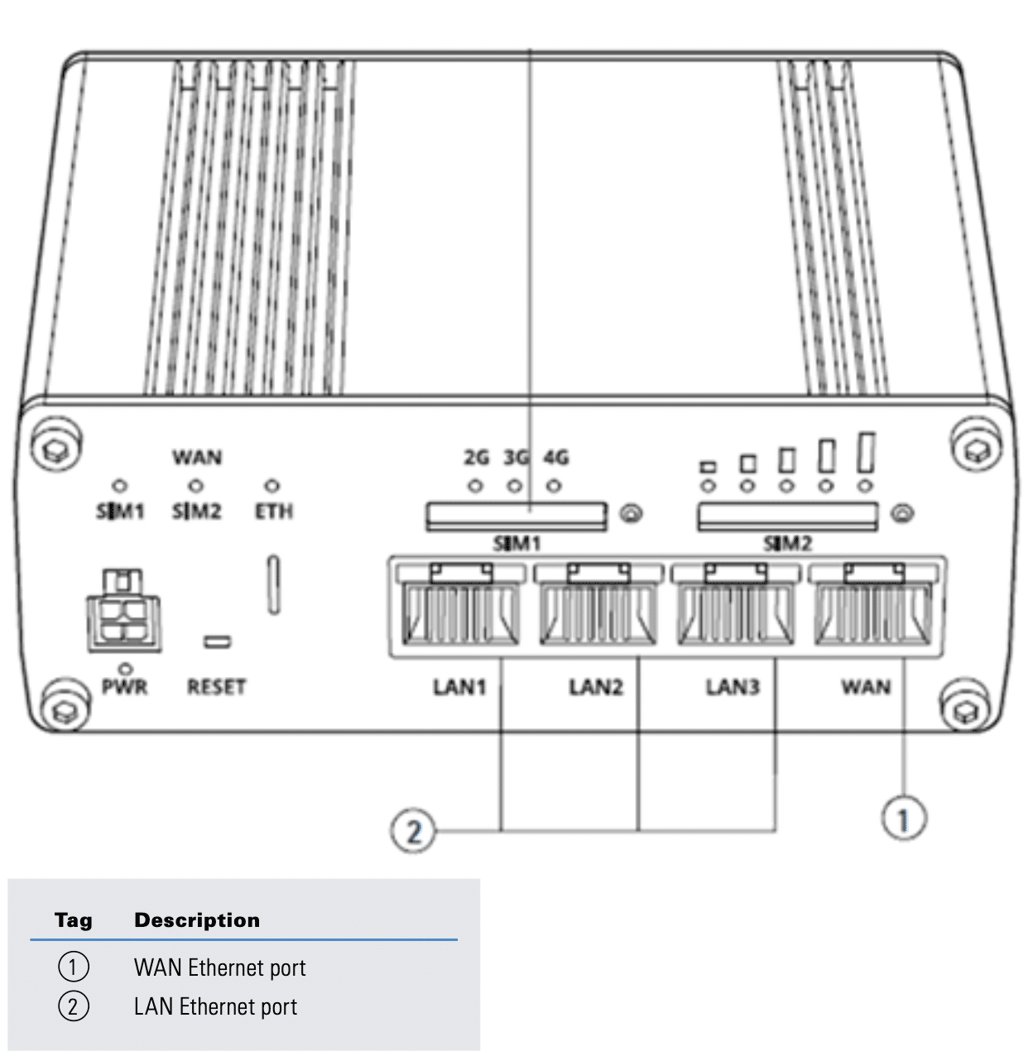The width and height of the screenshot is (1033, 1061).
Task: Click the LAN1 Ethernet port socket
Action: [x=459, y=604]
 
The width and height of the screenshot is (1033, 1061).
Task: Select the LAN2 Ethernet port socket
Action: [x=598, y=604]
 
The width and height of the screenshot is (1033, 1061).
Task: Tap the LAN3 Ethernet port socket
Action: [x=735, y=604]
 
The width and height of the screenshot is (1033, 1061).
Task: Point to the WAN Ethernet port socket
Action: [x=872, y=604]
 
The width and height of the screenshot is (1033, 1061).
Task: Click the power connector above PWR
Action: [x=124, y=610]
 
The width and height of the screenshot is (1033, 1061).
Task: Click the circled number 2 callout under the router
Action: [x=413, y=831]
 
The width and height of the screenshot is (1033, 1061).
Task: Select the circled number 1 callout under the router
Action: [x=904, y=818]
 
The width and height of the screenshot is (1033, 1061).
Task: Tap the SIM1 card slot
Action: [x=516, y=516]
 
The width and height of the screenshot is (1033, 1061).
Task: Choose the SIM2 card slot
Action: [x=787, y=516]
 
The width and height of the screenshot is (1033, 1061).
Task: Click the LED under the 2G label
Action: [x=475, y=485]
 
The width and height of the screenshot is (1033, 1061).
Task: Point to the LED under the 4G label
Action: [x=554, y=485]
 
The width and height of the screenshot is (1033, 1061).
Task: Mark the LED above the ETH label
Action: [x=271, y=485]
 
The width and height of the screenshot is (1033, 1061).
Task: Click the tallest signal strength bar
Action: [x=866, y=453]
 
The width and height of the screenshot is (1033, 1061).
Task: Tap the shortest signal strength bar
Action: [x=708, y=468]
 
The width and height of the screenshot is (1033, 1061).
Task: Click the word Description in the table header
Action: [x=197, y=919]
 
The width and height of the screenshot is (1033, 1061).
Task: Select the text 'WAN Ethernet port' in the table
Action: [x=220, y=967]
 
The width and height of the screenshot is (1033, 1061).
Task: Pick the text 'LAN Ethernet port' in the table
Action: [x=215, y=1006]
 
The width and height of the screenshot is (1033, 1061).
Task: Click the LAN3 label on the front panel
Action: [x=733, y=687]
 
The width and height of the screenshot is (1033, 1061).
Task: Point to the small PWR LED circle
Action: [x=126, y=669]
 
